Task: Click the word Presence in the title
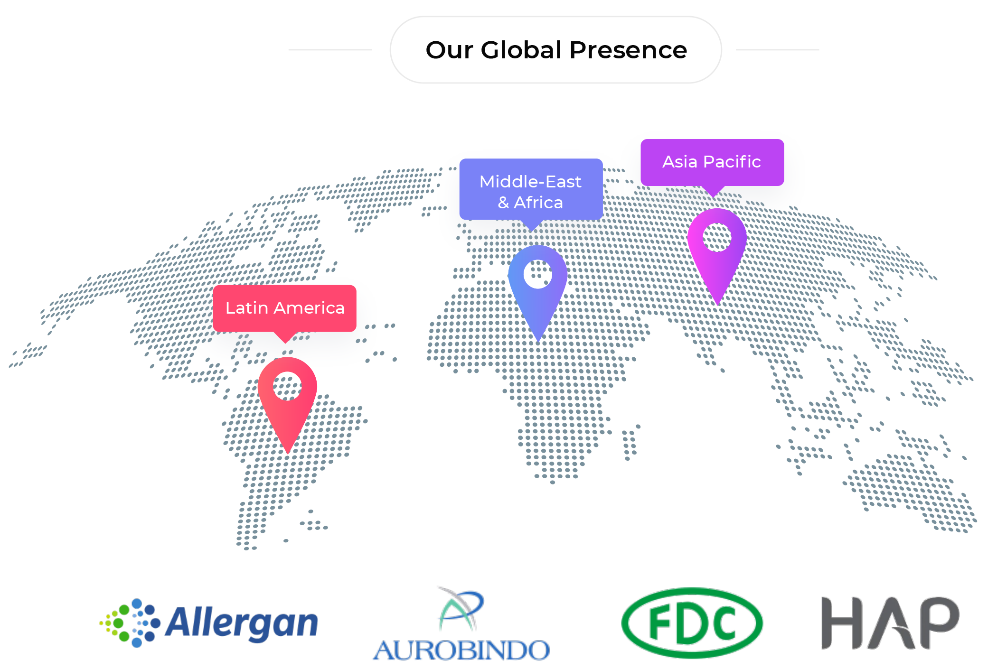(628, 50)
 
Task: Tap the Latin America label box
(285, 308)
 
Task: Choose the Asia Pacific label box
(712, 162)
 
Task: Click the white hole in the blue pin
(538, 274)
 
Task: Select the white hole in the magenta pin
(717, 237)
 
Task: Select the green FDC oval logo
(692, 623)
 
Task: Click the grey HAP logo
(890, 623)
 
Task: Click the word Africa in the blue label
(538, 203)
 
